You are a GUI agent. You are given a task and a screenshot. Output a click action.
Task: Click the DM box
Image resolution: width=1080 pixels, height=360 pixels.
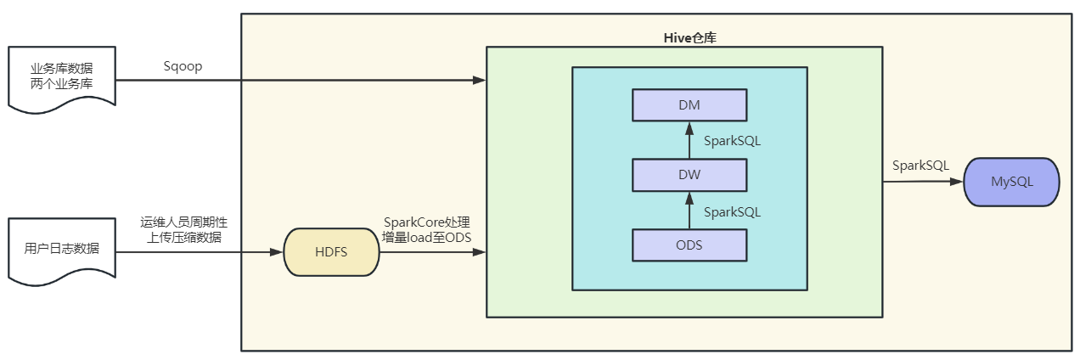coord(689,105)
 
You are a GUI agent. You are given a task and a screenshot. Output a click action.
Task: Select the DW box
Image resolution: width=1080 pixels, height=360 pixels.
coord(689,176)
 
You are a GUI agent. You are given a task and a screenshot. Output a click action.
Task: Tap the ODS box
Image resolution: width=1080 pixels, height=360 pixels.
coord(689,245)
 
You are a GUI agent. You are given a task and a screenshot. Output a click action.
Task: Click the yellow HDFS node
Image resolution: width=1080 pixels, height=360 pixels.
coord(331,252)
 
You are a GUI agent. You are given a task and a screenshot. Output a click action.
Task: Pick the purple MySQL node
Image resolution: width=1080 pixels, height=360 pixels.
coord(1011,182)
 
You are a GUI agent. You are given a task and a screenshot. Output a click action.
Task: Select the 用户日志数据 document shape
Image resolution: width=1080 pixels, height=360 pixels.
coord(61,250)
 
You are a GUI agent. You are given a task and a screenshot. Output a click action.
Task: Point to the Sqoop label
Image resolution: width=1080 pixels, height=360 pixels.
coord(183,67)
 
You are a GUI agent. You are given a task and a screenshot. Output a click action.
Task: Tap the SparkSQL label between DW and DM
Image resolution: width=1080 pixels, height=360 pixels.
coord(732,141)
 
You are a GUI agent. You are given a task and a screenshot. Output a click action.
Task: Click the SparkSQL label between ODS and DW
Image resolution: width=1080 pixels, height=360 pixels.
coord(732,211)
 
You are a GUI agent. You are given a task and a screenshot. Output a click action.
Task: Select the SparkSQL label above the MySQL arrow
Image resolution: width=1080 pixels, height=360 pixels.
coord(920,166)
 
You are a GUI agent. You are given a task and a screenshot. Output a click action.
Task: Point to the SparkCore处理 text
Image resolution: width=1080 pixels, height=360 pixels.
coord(426,222)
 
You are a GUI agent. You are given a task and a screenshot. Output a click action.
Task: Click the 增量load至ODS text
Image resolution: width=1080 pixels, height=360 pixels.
coord(426,238)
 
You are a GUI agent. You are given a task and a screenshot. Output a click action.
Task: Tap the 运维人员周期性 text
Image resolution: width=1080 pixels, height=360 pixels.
coord(183,222)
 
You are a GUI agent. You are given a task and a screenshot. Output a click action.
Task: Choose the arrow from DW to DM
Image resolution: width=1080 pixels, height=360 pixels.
coord(689,140)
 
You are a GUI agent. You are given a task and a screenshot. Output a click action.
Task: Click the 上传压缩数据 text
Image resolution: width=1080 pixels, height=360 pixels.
coord(183,238)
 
